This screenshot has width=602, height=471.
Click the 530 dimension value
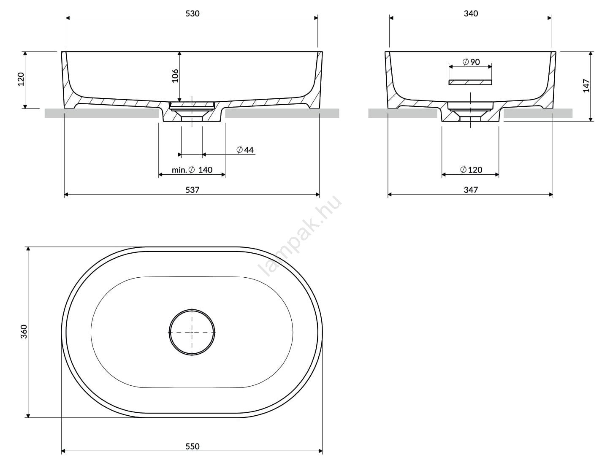pos(192,14)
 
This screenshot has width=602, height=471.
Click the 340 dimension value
pos(471,14)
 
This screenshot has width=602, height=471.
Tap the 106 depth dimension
pos(175,76)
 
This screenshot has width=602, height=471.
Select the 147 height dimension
pos(586,86)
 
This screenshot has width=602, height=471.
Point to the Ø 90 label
pos(471,62)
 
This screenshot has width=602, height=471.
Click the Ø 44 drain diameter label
pos(245,150)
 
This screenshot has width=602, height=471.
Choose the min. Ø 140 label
pos(192,170)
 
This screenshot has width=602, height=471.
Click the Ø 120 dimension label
pos(471,170)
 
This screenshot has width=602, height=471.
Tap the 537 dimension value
pos(192,189)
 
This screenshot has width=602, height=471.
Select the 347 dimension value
pos(471,189)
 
